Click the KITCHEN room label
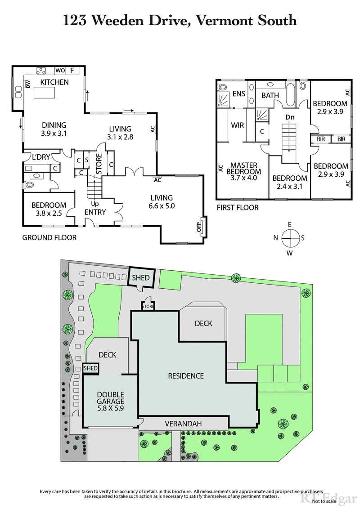tap(54, 82)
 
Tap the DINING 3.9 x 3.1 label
tap(54, 129)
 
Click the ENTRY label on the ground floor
tap(95, 212)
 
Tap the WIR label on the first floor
tap(237, 125)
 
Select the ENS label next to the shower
tap(238, 94)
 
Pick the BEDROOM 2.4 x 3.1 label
tap(290, 182)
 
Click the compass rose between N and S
tap(290, 237)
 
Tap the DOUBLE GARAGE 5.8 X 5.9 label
tap(110, 402)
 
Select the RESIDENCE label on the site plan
tap(186, 376)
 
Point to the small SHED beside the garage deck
tap(91, 368)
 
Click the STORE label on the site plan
tap(148, 307)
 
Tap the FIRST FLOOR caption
tap(238, 208)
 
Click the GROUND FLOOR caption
tap(49, 237)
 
